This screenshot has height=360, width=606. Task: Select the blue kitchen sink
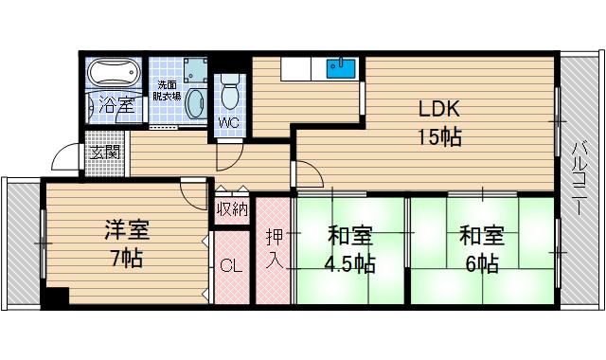tap(341, 68)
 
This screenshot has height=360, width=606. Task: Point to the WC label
tap(230, 122)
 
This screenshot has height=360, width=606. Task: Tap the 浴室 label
tap(116, 105)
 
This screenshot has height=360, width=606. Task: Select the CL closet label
tap(231, 266)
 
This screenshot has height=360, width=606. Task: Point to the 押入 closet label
tap(273, 248)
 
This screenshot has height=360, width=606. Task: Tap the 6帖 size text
tap(480, 261)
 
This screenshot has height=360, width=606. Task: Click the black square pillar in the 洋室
tap(58, 296)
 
